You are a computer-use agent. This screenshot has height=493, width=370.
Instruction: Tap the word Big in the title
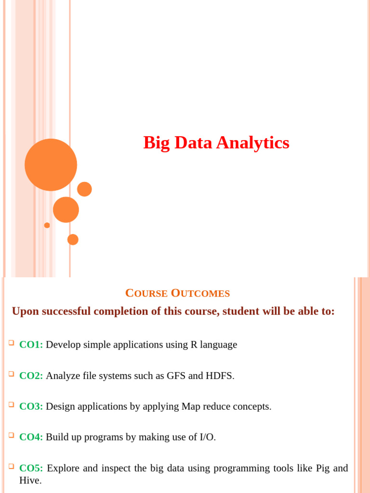pos(154,143)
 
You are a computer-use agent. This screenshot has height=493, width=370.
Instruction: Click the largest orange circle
pos(51,165)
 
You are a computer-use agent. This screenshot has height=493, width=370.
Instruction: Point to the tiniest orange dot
pos(47,225)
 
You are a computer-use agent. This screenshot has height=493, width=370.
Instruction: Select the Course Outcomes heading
pos(177,293)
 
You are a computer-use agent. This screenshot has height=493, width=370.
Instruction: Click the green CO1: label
pos(31,345)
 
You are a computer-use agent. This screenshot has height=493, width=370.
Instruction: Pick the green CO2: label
pos(31,376)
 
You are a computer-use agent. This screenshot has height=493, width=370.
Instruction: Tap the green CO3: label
pos(31,406)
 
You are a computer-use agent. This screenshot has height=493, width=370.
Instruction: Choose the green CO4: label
pos(31,437)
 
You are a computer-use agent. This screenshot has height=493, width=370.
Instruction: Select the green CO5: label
pos(31,468)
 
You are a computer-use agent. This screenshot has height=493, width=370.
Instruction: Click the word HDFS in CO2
pos(220,376)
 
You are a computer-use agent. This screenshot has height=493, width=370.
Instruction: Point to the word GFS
pos(176,376)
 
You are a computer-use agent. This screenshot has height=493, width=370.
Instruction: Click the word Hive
pos(30,480)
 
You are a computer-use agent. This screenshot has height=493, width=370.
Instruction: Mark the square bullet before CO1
pos(11,343)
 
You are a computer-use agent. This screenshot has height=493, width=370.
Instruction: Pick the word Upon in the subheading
pos(26,311)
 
